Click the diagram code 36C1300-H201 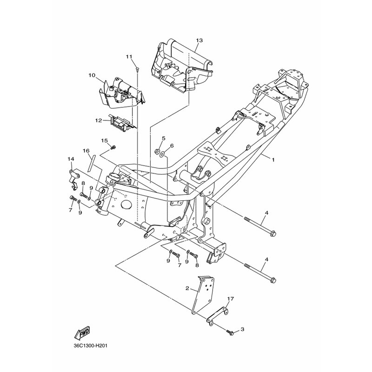tap(90, 345)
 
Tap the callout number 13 tap(199, 40)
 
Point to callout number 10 tap(92, 75)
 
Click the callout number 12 tap(99, 120)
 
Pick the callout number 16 tap(86, 151)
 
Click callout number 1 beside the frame tap(273, 160)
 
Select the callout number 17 tap(230, 299)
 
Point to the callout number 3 tap(242, 329)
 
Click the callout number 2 tap(187, 288)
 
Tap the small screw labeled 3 tap(230, 332)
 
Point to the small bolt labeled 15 tap(113, 147)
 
